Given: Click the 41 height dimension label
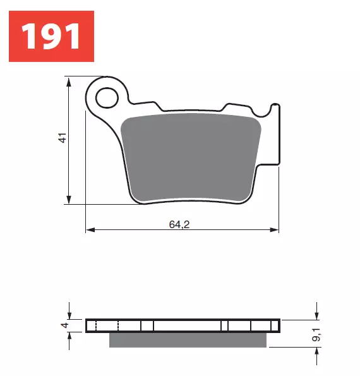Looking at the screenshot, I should pos(62,138).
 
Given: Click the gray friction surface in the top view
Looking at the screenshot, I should pos(193,158).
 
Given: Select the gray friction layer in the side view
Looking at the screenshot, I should pos(188,340).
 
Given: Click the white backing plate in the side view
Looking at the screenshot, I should pos(183,325).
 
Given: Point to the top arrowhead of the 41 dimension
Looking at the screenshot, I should pos(68,81).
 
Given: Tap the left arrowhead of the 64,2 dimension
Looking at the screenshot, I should pos(90,229).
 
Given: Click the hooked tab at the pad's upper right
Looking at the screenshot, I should pos(274,107).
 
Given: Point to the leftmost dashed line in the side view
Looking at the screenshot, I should pos(95,325).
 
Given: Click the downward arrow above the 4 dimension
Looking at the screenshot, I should pos(69,315).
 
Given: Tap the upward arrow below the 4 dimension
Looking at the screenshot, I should pos(69,336).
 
